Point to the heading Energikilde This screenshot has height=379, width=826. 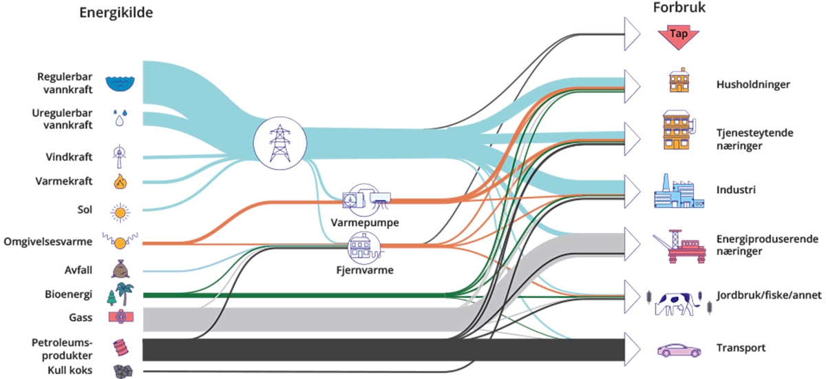[116, 13]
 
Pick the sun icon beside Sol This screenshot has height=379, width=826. [120, 212]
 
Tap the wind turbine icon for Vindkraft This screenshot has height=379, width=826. [120, 156]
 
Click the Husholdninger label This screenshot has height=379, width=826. [752, 84]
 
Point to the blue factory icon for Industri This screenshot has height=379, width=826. [678, 192]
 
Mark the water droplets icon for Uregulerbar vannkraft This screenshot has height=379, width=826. [120, 117]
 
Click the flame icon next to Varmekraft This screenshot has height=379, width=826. [120, 181]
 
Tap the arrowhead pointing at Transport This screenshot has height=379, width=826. [632, 347]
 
